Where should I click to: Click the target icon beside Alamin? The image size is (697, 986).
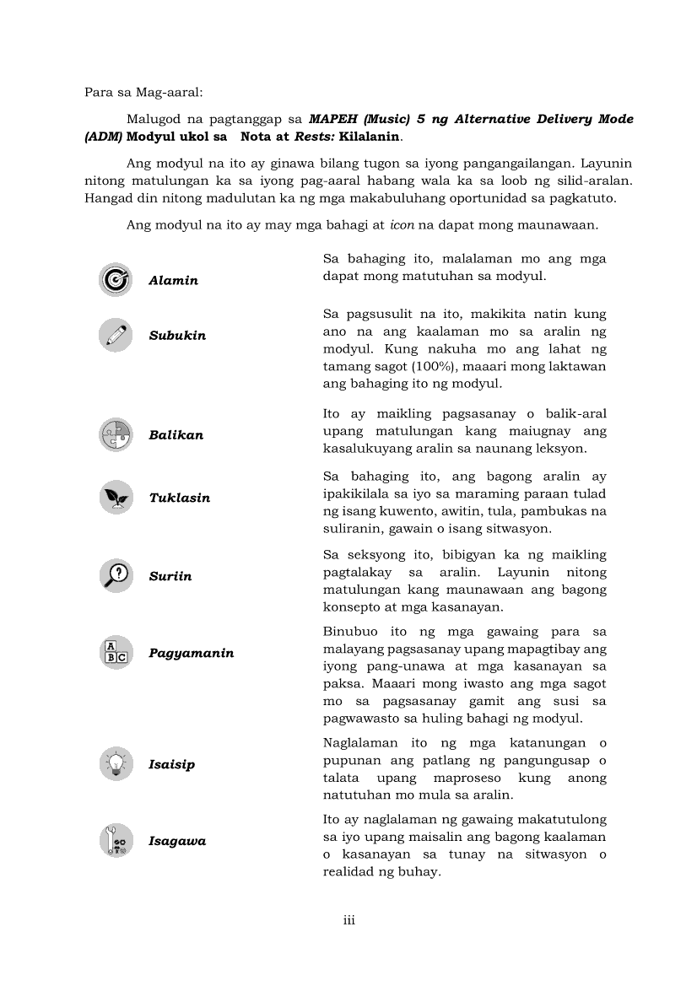tap(115, 280)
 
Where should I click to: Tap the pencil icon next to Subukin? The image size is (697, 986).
tap(115, 335)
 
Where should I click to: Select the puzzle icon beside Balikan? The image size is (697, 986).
tap(115, 434)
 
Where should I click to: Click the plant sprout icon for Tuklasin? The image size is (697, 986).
tap(115, 497)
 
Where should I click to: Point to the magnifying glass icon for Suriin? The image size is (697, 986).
tap(115, 575)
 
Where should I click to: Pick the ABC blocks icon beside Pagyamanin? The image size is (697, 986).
tap(115, 653)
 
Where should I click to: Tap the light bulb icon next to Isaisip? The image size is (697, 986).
tap(115, 763)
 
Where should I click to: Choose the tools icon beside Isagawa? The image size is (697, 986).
tap(115, 841)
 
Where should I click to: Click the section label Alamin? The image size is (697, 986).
tap(173, 281)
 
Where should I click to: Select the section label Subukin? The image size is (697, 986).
tap(177, 336)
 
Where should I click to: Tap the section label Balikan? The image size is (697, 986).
tap(176, 435)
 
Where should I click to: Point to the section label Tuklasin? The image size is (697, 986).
tap(179, 498)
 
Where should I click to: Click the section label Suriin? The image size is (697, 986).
tap(170, 576)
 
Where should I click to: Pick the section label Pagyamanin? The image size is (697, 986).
tap(192, 654)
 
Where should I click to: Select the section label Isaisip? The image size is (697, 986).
tap(171, 764)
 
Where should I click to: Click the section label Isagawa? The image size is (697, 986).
tap(177, 842)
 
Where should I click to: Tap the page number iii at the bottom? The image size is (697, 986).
tap(348, 920)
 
